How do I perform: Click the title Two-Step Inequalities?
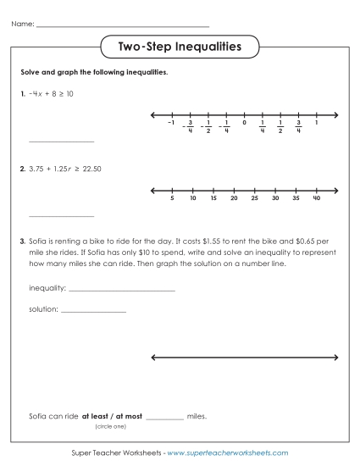click(180, 46)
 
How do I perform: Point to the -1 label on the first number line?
click(171, 123)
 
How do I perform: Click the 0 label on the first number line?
click(243, 123)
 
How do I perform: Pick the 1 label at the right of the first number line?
click(316, 123)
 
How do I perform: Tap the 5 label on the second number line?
click(172, 198)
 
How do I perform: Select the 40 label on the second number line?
click(316, 198)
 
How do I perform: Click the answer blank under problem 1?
click(61, 141)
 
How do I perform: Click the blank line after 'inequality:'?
click(121, 291)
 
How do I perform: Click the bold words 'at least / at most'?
click(112, 417)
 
